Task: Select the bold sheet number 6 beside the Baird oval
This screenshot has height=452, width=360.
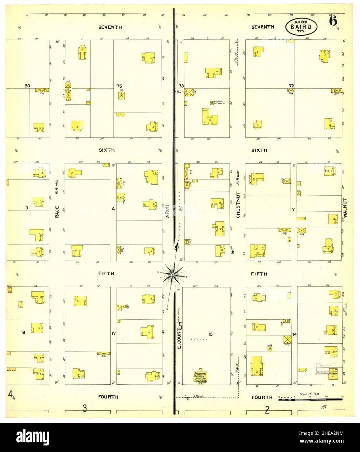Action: click(333, 21)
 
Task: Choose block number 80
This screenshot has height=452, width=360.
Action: click(27, 86)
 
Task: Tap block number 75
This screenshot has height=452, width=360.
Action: click(119, 86)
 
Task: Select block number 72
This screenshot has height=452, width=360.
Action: click(291, 86)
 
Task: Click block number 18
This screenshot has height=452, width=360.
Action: click(23, 332)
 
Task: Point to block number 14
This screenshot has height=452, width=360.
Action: click(294, 334)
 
